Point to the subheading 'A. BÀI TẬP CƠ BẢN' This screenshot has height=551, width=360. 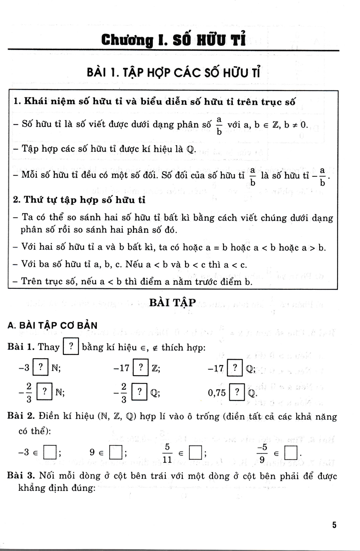click(x=53, y=325)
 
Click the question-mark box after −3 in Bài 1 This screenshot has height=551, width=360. click(x=41, y=368)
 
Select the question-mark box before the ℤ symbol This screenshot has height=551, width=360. click(x=140, y=368)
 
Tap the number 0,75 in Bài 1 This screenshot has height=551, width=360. click(x=218, y=393)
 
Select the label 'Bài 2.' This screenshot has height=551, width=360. click(x=22, y=417)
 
